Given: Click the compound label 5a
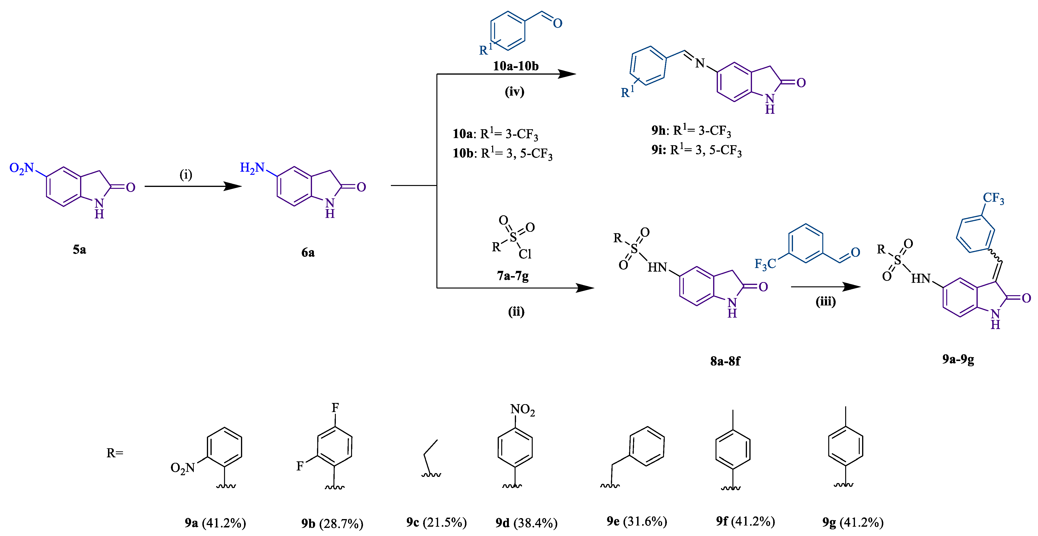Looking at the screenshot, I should [x=79, y=250].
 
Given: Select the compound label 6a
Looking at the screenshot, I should [x=308, y=253].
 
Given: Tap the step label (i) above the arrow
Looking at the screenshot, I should [x=186, y=175].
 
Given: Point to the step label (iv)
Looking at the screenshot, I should [x=515, y=92].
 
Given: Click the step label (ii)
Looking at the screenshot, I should [x=516, y=312].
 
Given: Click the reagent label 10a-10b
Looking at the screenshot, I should [x=516, y=66].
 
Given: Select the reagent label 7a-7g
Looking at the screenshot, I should [x=512, y=276].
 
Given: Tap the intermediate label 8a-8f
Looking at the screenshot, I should [x=725, y=361].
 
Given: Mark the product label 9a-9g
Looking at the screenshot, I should [x=958, y=359].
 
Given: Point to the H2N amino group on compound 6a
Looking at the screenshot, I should [x=252, y=168].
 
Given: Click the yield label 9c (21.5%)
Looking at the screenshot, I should [x=436, y=522].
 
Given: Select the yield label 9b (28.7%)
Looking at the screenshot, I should [x=332, y=524].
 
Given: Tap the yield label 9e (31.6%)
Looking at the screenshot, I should [x=637, y=521].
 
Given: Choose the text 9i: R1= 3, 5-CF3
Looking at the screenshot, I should [x=696, y=150].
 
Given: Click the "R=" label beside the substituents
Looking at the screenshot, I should [x=115, y=453].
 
